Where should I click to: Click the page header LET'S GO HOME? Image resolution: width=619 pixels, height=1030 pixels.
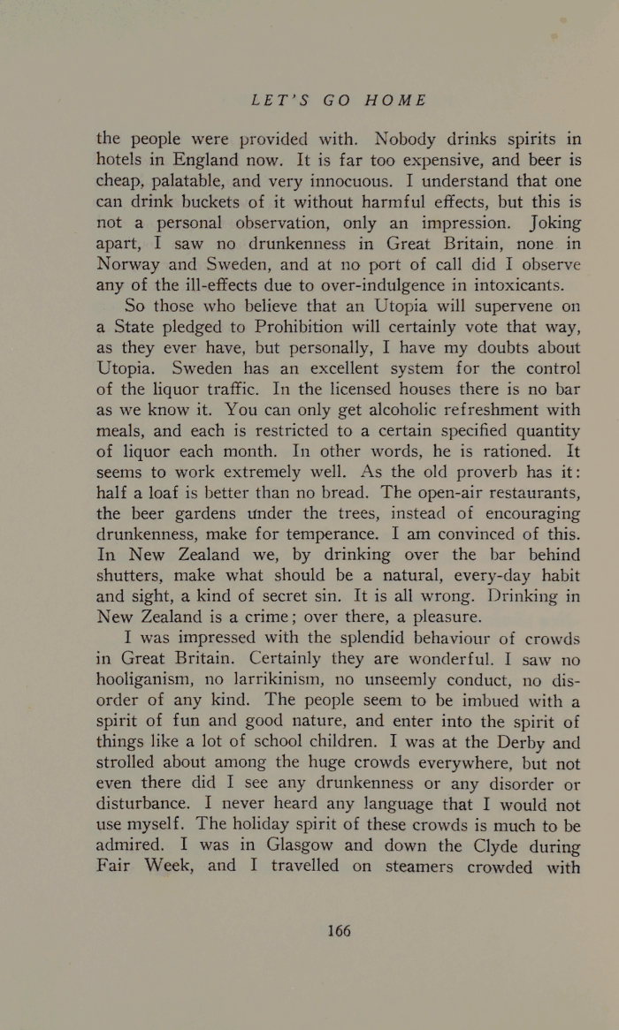[339, 100]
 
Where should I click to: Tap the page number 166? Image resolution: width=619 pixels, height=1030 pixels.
[339, 930]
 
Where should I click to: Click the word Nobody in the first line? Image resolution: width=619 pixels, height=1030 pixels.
[403, 139]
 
